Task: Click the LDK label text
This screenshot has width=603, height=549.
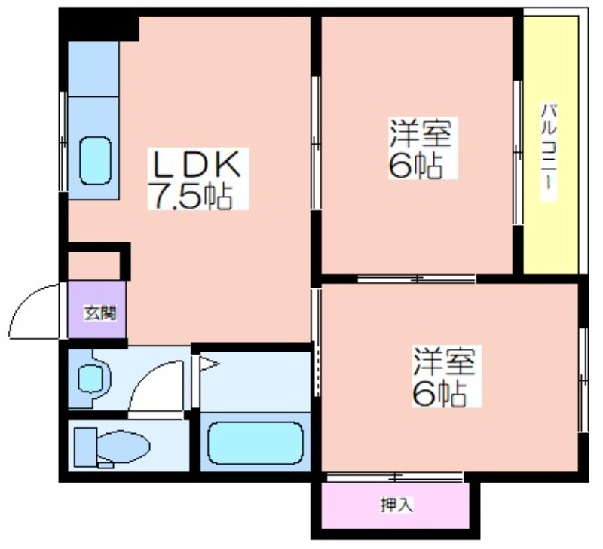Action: point(197,164)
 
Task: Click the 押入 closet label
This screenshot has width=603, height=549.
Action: point(397,505)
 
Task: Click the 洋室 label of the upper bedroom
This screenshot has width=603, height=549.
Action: point(421,133)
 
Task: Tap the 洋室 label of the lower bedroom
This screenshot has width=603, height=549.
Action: point(444,361)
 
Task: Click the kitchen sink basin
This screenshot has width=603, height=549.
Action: point(96,160)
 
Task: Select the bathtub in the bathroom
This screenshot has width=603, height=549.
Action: point(256,443)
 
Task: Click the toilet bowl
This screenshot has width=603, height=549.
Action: point(123,446)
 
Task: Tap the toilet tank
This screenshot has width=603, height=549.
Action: point(85,447)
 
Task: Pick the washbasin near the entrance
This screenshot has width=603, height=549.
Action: point(90,378)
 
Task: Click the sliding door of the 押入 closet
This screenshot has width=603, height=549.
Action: point(395,477)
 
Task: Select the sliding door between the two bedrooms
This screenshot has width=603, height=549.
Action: point(417,279)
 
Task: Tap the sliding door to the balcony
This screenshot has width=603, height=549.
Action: point(518,153)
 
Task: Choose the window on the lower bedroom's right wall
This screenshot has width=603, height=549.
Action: point(583,380)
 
